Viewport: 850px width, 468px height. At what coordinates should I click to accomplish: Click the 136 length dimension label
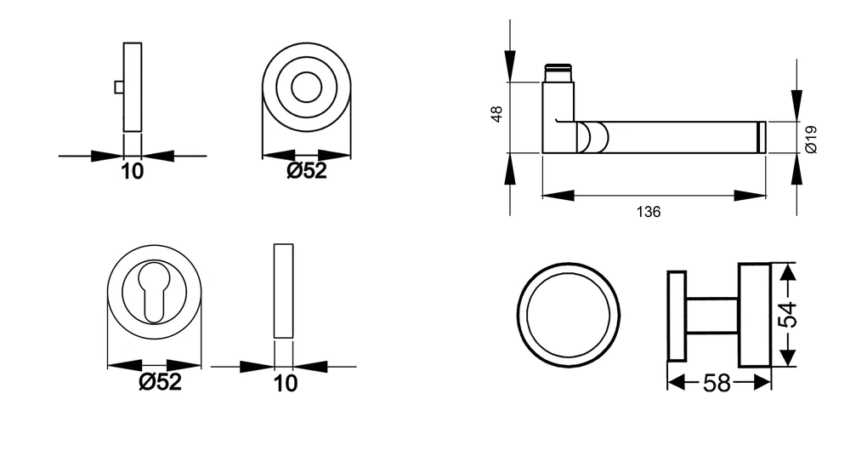pyautogui.click(x=649, y=212)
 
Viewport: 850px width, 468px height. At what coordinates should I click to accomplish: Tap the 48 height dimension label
pyautogui.click(x=496, y=114)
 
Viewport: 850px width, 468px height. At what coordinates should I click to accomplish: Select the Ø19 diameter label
pyautogui.click(x=811, y=140)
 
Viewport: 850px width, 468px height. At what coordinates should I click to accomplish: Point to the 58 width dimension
pyautogui.click(x=717, y=383)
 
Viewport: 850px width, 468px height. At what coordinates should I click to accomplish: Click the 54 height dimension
pyautogui.click(x=788, y=314)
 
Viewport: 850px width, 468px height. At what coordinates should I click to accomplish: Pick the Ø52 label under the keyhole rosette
pyautogui.click(x=160, y=382)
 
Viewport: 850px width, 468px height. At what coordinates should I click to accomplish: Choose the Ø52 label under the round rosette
pyautogui.click(x=307, y=170)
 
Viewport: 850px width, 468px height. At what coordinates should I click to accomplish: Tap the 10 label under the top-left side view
pyautogui.click(x=132, y=171)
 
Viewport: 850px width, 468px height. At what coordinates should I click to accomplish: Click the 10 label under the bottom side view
pyautogui.click(x=285, y=383)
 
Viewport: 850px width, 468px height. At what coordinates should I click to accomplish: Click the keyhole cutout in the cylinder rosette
pyautogui.click(x=154, y=292)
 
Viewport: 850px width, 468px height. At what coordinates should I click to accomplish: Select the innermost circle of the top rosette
pyautogui.click(x=306, y=87)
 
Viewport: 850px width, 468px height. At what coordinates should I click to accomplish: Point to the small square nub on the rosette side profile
pyautogui.click(x=119, y=87)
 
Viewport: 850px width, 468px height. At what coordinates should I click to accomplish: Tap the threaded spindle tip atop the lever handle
pyautogui.click(x=558, y=72)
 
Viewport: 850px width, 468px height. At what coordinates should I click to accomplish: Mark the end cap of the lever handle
pyautogui.click(x=761, y=137)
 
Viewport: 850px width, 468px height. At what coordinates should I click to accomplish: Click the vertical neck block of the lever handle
pyautogui.click(x=558, y=117)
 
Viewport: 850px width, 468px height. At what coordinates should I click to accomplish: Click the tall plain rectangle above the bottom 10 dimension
pyautogui.click(x=284, y=291)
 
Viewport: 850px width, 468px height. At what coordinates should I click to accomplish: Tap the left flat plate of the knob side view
pyautogui.click(x=677, y=316)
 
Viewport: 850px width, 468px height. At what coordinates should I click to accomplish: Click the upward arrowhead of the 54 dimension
pyautogui.click(x=788, y=271)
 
